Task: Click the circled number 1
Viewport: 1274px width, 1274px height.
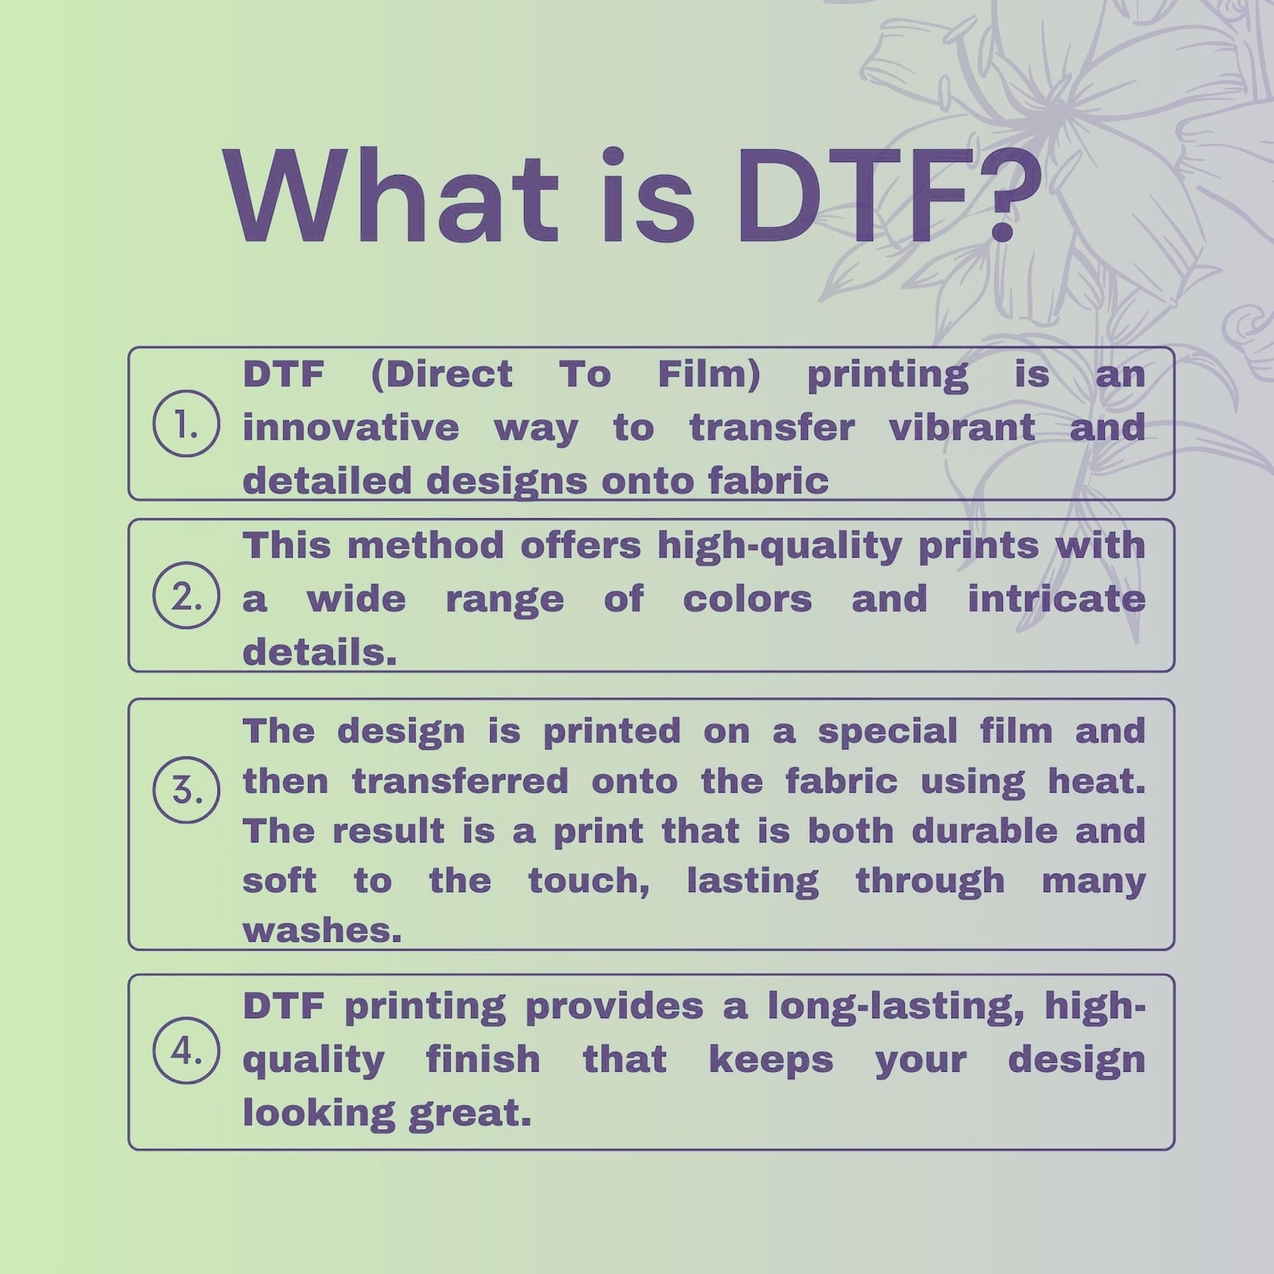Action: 186,424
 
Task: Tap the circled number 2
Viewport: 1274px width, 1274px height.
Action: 186,595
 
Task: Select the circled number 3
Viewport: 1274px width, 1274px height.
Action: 186,790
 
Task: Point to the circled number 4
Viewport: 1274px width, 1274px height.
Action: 186,1050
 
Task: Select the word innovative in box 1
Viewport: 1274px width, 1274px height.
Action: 351,428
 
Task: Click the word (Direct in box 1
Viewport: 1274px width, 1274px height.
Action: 441,375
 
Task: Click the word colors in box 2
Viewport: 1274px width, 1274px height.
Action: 747,599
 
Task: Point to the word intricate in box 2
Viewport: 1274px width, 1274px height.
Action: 1056,599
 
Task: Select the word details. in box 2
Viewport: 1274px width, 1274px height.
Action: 319,652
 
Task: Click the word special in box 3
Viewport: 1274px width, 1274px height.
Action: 887,731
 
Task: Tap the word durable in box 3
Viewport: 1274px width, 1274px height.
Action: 984,831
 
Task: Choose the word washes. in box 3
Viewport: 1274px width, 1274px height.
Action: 322,931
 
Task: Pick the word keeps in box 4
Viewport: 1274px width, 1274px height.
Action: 771,1059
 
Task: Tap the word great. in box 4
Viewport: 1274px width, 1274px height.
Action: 469,1114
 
